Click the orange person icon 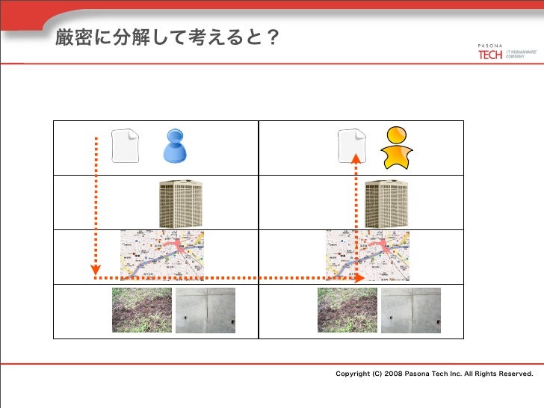click(x=396, y=147)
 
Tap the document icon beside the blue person click(x=125, y=146)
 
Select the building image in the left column click(x=180, y=203)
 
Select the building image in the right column click(x=387, y=203)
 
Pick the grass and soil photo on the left click(x=142, y=310)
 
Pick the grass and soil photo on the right click(x=347, y=310)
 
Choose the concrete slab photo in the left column click(x=205, y=310)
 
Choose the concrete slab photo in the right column click(x=411, y=310)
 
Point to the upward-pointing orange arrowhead click(x=356, y=158)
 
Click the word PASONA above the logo click(x=490, y=46)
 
